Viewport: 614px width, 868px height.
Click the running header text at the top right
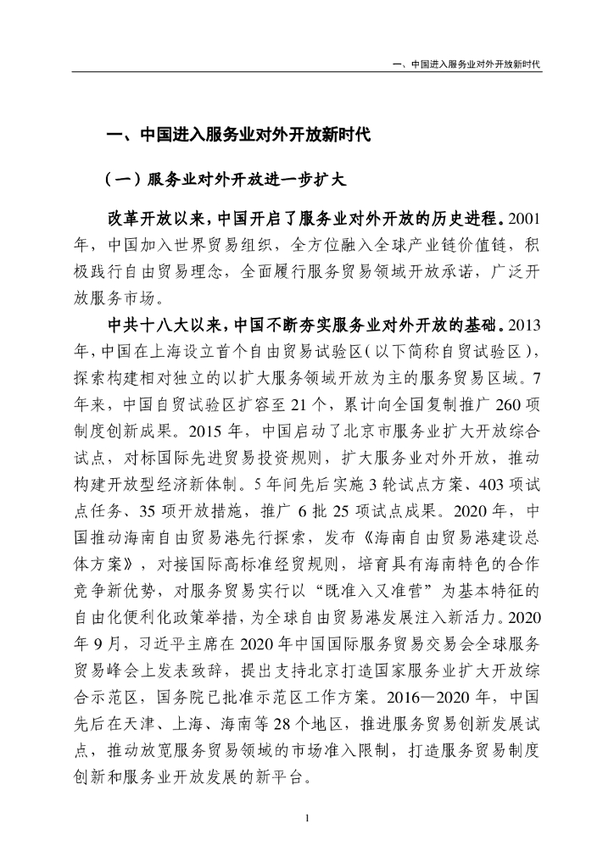point(473,64)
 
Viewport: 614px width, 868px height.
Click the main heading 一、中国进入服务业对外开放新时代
point(237,136)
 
